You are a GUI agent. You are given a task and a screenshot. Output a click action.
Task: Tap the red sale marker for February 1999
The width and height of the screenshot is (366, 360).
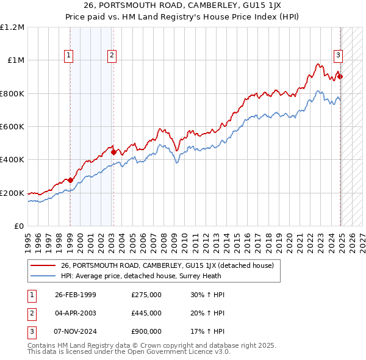pos(70,180)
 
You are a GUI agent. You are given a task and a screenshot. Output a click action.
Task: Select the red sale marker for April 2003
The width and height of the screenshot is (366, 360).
pos(114,152)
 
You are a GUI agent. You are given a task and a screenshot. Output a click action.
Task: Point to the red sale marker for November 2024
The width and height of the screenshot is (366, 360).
pos(340,76)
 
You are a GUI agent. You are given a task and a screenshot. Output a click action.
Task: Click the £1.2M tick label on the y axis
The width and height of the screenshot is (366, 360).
pos(12,27)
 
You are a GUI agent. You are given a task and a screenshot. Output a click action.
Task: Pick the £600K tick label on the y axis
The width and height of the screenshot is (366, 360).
pos(12,127)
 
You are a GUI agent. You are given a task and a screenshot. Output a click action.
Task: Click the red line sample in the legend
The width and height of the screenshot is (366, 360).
pos(43,265)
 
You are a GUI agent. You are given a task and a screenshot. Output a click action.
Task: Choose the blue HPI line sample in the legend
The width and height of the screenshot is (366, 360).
pos(43,275)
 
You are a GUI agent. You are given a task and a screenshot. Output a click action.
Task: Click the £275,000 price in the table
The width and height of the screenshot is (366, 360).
pos(146,295)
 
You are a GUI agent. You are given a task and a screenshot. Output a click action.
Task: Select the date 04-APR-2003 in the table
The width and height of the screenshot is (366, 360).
pos(76,313)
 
